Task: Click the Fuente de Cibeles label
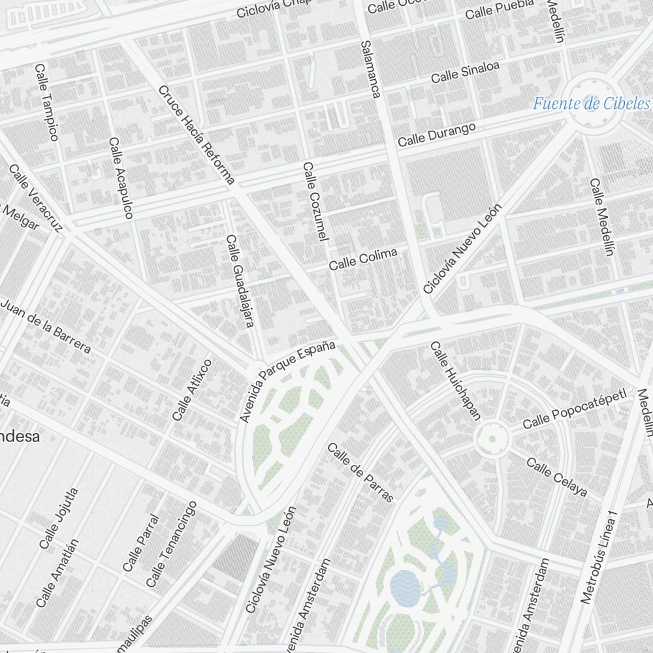(x=591, y=103)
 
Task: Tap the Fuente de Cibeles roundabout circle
(x=592, y=102)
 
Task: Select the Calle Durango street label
(x=437, y=134)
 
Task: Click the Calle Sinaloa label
(x=465, y=72)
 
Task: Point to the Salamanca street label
(x=370, y=69)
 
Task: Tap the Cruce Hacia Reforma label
(x=196, y=135)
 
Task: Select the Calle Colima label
(x=362, y=259)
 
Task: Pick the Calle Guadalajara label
(x=240, y=281)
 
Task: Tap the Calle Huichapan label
(x=455, y=381)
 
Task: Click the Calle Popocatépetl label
(x=574, y=409)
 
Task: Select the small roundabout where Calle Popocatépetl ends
(x=491, y=440)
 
